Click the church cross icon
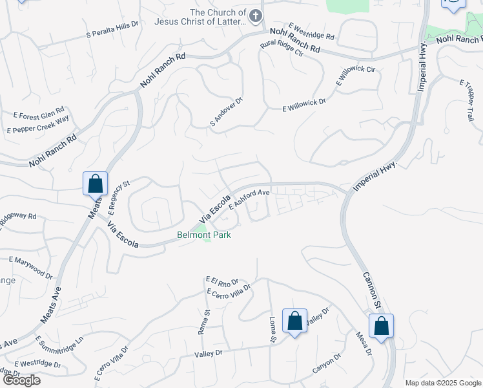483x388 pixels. tap(256, 15)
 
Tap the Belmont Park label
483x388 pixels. tap(204, 235)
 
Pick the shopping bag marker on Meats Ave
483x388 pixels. tap(95, 184)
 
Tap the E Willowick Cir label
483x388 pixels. tap(355, 76)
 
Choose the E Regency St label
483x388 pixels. tap(119, 197)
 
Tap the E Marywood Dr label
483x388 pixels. tap(30, 268)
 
